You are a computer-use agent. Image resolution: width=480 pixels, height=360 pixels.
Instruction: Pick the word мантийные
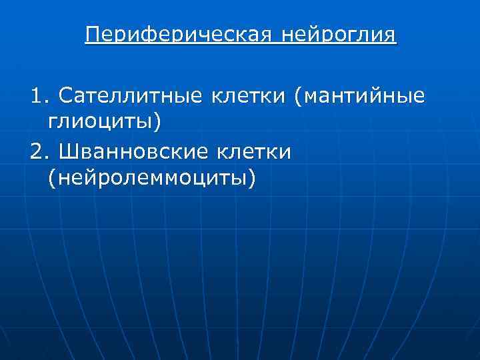coord(367,97)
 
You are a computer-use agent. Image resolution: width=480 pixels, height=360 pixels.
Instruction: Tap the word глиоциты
coord(100,122)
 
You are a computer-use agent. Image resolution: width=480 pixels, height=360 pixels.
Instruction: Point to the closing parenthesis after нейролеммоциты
coord(251,178)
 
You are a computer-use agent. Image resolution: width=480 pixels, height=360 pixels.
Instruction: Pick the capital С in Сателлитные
coord(65,97)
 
